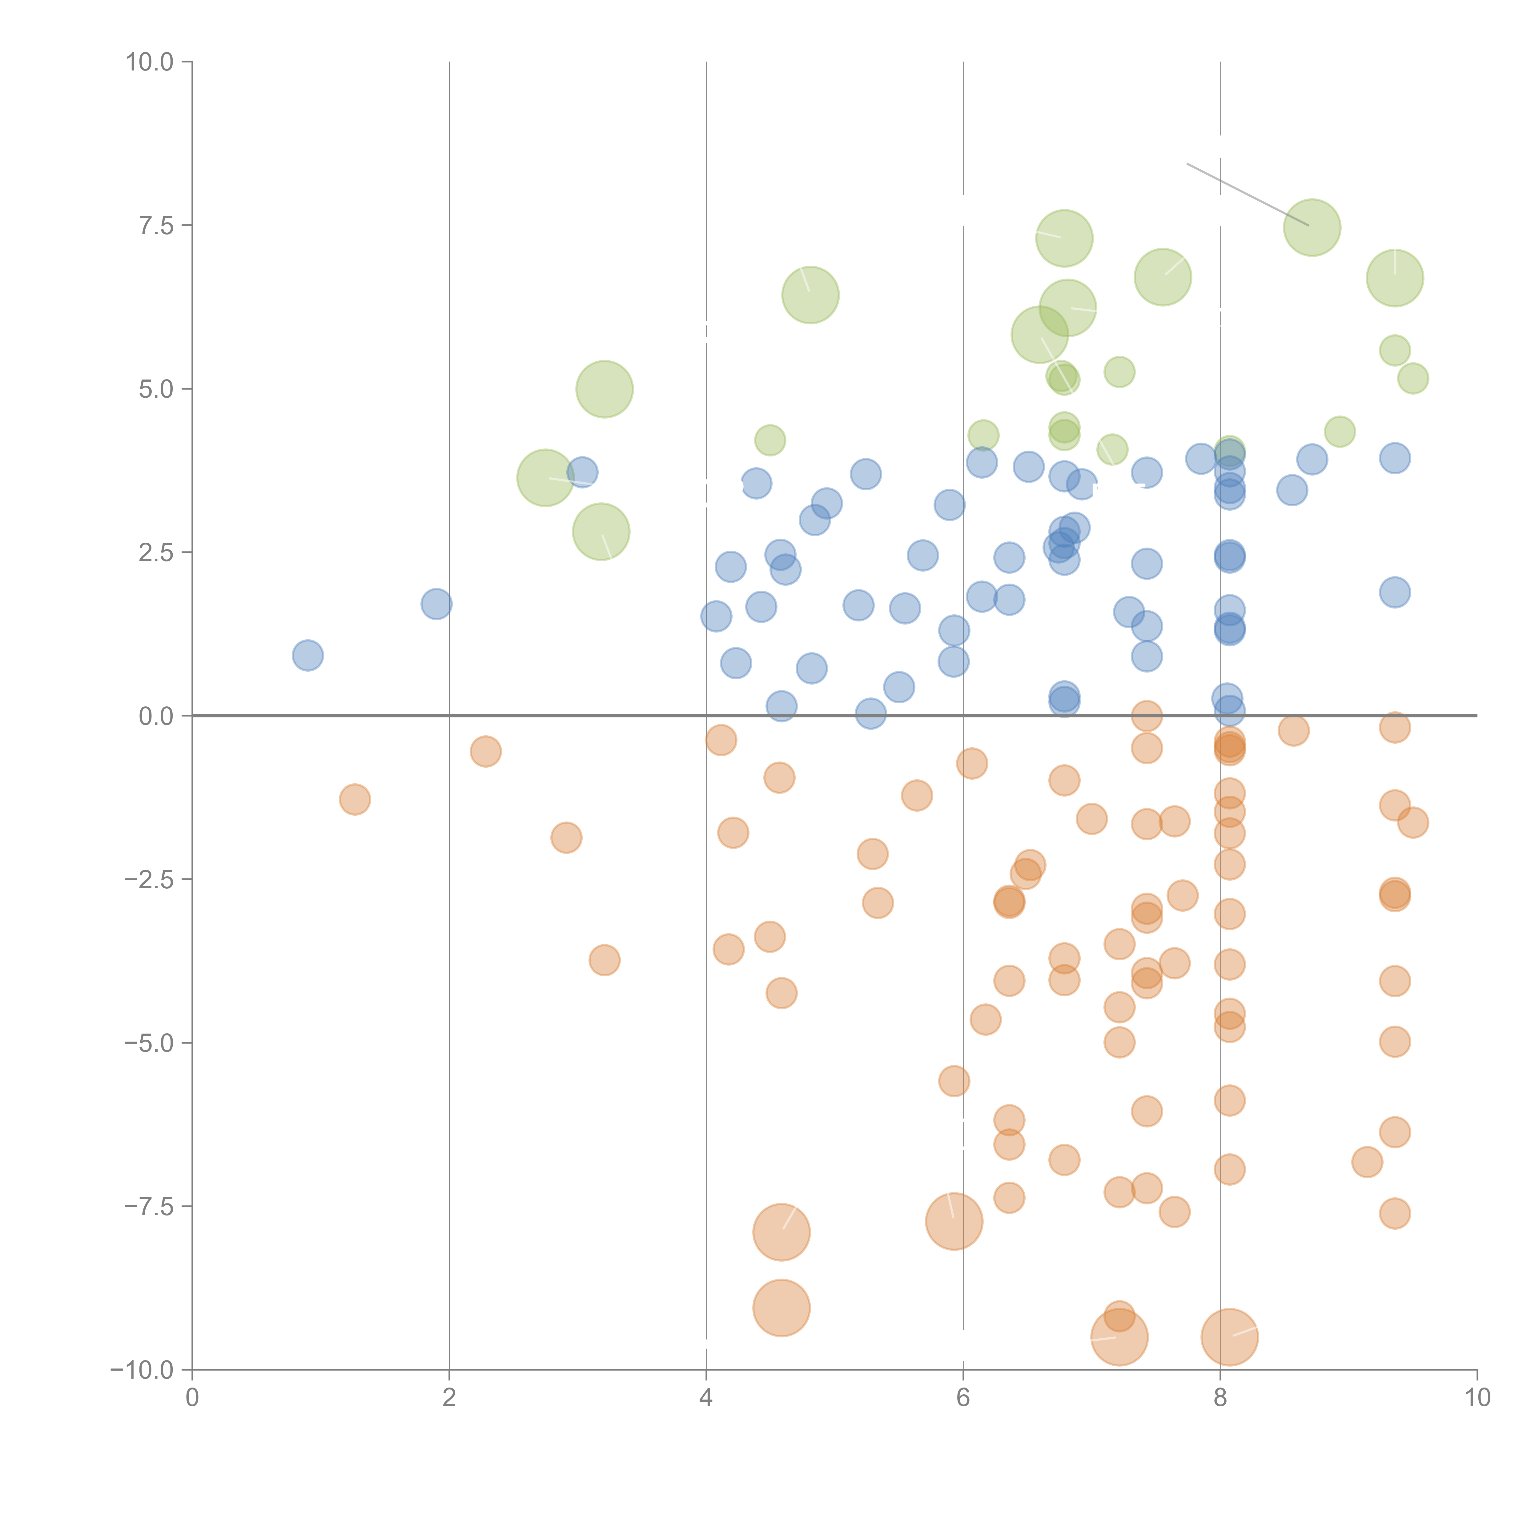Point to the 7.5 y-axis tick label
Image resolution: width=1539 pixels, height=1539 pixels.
click(156, 225)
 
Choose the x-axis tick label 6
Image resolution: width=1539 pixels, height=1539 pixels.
click(963, 1398)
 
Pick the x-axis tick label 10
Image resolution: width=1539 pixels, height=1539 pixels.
click(1477, 1398)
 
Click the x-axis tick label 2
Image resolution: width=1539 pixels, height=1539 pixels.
click(449, 1398)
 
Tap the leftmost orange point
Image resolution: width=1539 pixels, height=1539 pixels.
click(355, 799)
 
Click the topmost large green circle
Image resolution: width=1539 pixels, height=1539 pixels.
click(1312, 228)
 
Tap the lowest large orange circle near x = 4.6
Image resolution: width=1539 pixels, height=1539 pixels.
click(782, 1308)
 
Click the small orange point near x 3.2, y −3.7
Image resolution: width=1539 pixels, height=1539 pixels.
click(605, 960)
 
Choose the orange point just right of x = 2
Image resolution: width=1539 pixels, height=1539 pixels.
click(485, 751)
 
